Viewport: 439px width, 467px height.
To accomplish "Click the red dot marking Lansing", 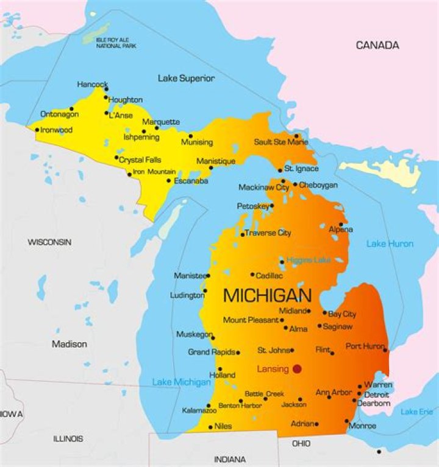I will click(297, 368).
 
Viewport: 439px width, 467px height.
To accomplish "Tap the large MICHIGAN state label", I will click(267, 295).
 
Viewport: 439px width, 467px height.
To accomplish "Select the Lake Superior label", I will click(186, 79).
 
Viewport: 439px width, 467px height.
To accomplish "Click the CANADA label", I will click(377, 45).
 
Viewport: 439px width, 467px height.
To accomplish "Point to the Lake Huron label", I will click(390, 244).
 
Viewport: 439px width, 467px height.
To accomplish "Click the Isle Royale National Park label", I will click(116, 43).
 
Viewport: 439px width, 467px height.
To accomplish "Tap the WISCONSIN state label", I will click(49, 242).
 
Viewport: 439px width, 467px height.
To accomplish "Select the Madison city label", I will click(69, 344).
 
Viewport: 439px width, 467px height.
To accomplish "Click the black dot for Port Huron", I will click(385, 350).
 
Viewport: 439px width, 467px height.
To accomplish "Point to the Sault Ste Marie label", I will click(281, 142).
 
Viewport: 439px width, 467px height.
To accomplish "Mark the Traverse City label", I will click(268, 233).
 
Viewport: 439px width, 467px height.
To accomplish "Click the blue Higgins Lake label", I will click(309, 260).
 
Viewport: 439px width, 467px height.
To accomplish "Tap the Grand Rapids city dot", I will click(238, 353).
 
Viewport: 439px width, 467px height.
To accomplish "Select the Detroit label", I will click(376, 395).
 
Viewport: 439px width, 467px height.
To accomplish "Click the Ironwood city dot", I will click(37, 130).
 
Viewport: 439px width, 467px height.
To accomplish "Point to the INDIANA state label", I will click(230, 459).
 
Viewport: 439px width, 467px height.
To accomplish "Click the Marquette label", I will click(161, 122).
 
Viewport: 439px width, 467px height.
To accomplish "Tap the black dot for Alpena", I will click(341, 224).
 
